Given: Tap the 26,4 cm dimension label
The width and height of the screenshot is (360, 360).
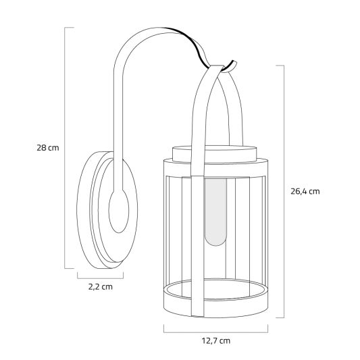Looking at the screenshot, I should click(x=305, y=191).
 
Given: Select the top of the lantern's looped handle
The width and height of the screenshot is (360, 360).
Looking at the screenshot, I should click(x=216, y=70).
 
